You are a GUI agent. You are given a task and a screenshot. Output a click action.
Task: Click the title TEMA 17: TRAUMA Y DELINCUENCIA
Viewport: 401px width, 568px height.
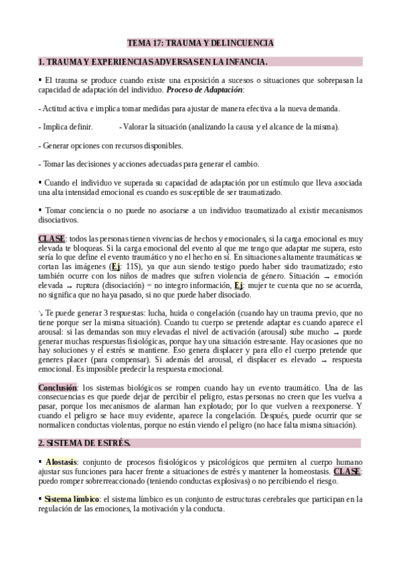coord(200,43)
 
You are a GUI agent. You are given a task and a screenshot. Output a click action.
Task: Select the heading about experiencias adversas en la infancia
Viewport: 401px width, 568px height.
coord(154,62)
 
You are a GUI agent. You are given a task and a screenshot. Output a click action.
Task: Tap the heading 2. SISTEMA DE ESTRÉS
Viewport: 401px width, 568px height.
coord(84,443)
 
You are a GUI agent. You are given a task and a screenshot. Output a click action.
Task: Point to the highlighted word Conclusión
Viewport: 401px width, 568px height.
coord(58,387)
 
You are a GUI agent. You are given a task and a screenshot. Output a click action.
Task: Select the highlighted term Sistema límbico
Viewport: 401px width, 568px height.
coord(72,499)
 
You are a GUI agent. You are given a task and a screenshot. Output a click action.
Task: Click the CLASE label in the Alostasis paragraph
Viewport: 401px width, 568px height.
coord(347,471)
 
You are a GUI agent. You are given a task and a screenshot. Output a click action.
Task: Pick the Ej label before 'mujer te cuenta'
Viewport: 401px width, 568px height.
coord(239,285)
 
